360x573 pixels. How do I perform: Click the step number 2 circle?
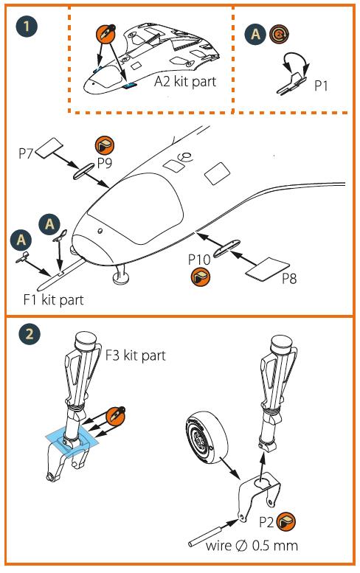(x=29, y=333)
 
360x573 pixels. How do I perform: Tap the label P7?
(x=26, y=153)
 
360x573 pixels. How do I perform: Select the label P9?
(x=104, y=163)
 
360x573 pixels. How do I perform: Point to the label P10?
(x=199, y=260)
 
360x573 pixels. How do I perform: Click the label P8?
(x=289, y=279)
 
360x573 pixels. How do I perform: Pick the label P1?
(x=321, y=86)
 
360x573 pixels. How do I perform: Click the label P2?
(x=266, y=522)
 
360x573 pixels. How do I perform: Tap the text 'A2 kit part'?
(x=185, y=82)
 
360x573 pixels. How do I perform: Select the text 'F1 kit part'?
(x=54, y=300)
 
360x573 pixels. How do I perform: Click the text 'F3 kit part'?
(x=135, y=355)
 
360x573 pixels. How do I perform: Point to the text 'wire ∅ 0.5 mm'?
(x=252, y=546)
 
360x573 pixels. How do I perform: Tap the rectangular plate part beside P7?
(x=50, y=147)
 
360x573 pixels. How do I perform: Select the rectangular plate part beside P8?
(x=268, y=270)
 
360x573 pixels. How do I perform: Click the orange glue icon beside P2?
(x=286, y=522)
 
